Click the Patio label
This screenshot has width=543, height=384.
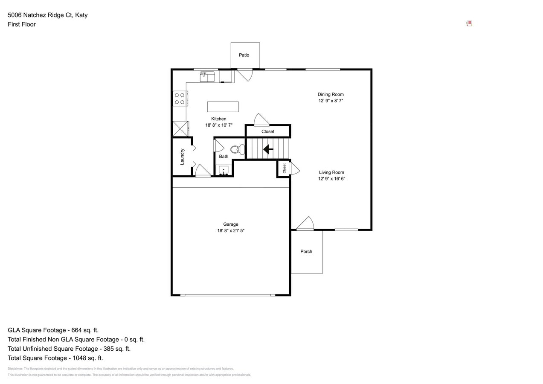click(244, 55)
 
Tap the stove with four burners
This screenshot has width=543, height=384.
click(180, 99)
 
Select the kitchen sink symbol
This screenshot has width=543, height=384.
click(207, 77)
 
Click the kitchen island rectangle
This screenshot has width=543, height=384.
click(223, 107)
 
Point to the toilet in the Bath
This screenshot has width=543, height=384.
click(237, 149)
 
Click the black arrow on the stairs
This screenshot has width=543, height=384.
click(268, 149)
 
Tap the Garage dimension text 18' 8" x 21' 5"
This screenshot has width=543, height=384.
click(231, 230)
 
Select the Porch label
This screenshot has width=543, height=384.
click(306, 251)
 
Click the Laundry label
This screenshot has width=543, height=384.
click(182, 157)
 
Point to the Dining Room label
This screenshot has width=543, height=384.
click(331, 94)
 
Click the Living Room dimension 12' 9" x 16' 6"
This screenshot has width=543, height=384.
click(331, 179)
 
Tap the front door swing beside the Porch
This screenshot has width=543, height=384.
click(305, 224)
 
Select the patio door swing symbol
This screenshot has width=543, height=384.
click(245, 75)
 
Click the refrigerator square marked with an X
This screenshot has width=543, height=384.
click(180, 128)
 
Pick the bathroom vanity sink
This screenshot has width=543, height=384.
click(224, 171)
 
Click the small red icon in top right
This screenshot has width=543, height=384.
click(469, 23)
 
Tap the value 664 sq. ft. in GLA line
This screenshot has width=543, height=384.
click(83, 330)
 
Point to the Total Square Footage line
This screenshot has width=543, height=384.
click(55, 358)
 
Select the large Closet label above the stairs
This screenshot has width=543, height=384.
click(268, 131)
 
